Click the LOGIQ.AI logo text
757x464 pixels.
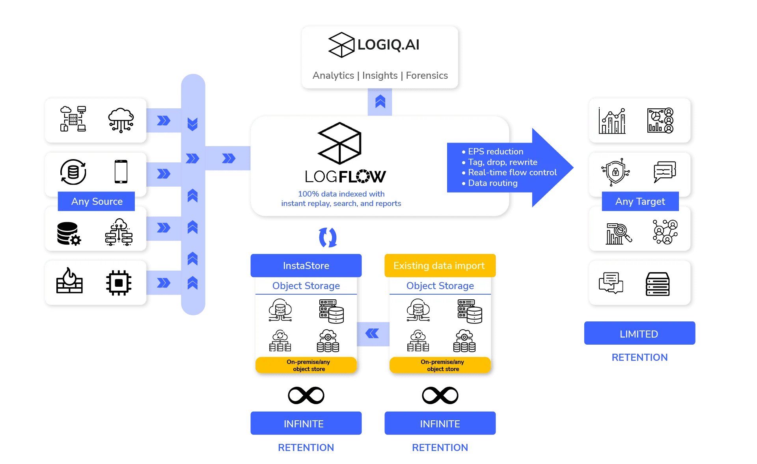click(x=388, y=45)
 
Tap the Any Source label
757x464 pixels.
click(x=97, y=201)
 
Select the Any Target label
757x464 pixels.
click(x=640, y=201)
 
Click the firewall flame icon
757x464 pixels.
click(x=69, y=280)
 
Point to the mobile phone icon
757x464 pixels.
click(x=121, y=171)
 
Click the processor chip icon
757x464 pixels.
click(x=119, y=282)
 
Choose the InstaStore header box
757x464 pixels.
click(x=306, y=265)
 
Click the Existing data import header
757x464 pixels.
click(x=440, y=265)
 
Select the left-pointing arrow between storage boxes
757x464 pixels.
click(x=372, y=334)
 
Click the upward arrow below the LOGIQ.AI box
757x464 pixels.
click(x=380, y=102)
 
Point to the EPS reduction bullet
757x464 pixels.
click(x=492, y=152)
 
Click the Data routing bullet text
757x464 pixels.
click(x=490, y=183)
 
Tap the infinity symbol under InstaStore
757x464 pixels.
click(x=306, y=395)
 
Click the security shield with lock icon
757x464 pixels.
click(x=615, y=172)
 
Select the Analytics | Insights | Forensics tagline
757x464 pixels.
click(x=380, y=75)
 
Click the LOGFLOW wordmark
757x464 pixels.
click(x=345, y=176)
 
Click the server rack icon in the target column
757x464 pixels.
click(x=658, y=284)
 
